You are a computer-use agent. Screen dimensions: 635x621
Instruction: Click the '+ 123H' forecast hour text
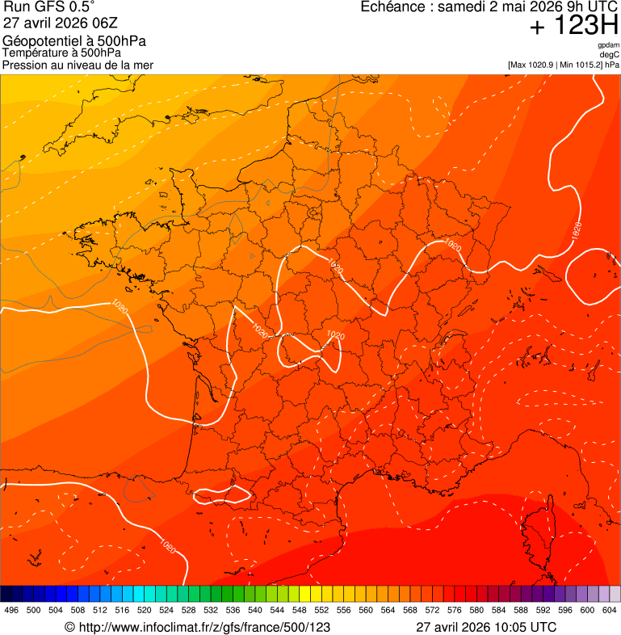click(573, 26)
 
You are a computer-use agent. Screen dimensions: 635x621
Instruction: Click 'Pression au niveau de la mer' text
click(78, 65)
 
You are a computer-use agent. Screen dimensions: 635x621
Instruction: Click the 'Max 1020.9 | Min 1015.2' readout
click(557, 65)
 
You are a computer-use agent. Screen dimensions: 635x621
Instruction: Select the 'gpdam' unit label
click(608, 45)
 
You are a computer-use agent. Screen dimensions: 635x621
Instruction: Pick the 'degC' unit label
click(610, 55)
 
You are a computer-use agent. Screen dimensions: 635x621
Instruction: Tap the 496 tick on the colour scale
click(11, 610)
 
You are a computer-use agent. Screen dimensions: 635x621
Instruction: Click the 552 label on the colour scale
click(321, 610)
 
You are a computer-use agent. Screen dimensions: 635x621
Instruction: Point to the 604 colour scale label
click(609, 610)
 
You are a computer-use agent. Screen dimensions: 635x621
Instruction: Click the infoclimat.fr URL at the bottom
click(197, 627)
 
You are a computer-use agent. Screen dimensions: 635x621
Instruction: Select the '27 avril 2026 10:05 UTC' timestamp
click(485, 627)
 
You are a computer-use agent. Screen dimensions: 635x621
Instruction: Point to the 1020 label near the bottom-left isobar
click(167, 547)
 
